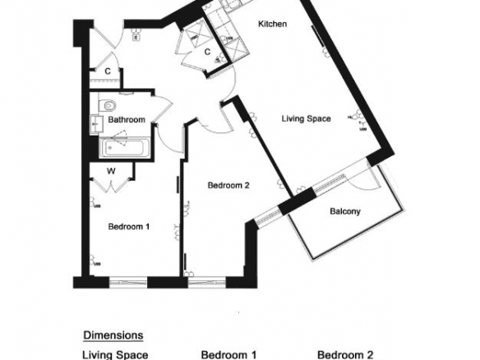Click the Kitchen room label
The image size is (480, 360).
(x=272, y=24)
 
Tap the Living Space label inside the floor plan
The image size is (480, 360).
(x=306, y=119)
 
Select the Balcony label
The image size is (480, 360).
(x=345, y=211)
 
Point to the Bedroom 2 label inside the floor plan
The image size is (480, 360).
(x=228, y=185)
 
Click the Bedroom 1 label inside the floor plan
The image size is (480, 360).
(x=129, y=227)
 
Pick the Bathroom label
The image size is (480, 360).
(x=127, y=119)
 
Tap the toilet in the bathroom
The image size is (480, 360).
(x=108, y=105)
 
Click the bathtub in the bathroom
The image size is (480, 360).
(x=125, y=148)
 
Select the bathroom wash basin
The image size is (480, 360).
(x=95, y=124)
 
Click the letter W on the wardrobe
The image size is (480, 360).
(x=111, y=171)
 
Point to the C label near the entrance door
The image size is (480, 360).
(x=108, y=72)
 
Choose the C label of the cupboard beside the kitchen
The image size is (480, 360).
(x=207, y=52)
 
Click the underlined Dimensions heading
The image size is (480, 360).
(x=113, y=335)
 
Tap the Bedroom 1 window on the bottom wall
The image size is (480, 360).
(x=128, y=283)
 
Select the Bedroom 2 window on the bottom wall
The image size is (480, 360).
(x=206, y=283)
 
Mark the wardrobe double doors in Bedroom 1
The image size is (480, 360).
(x=112, y=186)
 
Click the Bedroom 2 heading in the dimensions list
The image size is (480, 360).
(x=345, y=355)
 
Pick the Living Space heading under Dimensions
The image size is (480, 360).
(x=115, y=355)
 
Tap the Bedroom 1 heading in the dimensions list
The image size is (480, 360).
(x=228, y=355)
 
